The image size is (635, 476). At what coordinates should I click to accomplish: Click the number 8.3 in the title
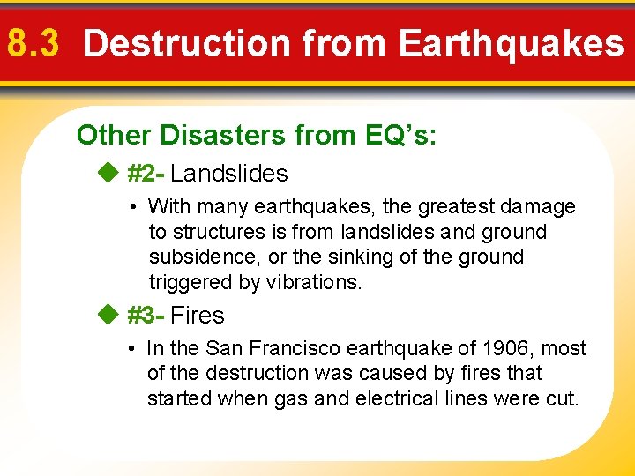pos(34,43)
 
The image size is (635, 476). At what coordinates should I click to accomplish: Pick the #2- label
pos(146,174)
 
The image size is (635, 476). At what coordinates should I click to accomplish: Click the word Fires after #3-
pos(198,315)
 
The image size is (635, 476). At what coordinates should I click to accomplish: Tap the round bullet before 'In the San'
pos(130,349)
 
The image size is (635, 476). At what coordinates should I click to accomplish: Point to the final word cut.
pos(562,398)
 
